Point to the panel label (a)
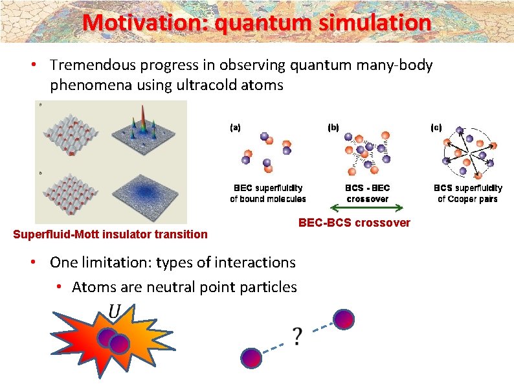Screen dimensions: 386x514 pyautogui.click(x=235, y=128)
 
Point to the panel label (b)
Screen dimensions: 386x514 pyautogui.click(x=333, y=128)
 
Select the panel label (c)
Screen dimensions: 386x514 pyautogui.click(x=436, y=128)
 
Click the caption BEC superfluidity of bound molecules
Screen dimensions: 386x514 pyautogui.click(x=268, y=193)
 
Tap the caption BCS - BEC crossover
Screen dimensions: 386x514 pyautogui.click(x=367, y=193)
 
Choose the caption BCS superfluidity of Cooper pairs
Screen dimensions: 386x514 pyautogui.click(x=467, y=193)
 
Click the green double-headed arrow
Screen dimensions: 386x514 pyautogui.click(x=366, y=209)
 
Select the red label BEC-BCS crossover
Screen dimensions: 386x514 pyautogui.click(x=353, y=223)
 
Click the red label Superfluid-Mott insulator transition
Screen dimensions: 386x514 pyautogui.click(x=111, y=234)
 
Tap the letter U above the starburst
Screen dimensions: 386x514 pyautogui.click(x=114, y=312)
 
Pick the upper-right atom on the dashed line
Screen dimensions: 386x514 pyautogui.click(x=344, y=319)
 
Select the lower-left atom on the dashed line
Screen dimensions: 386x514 pyautogui.click(x=251, y=357)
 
